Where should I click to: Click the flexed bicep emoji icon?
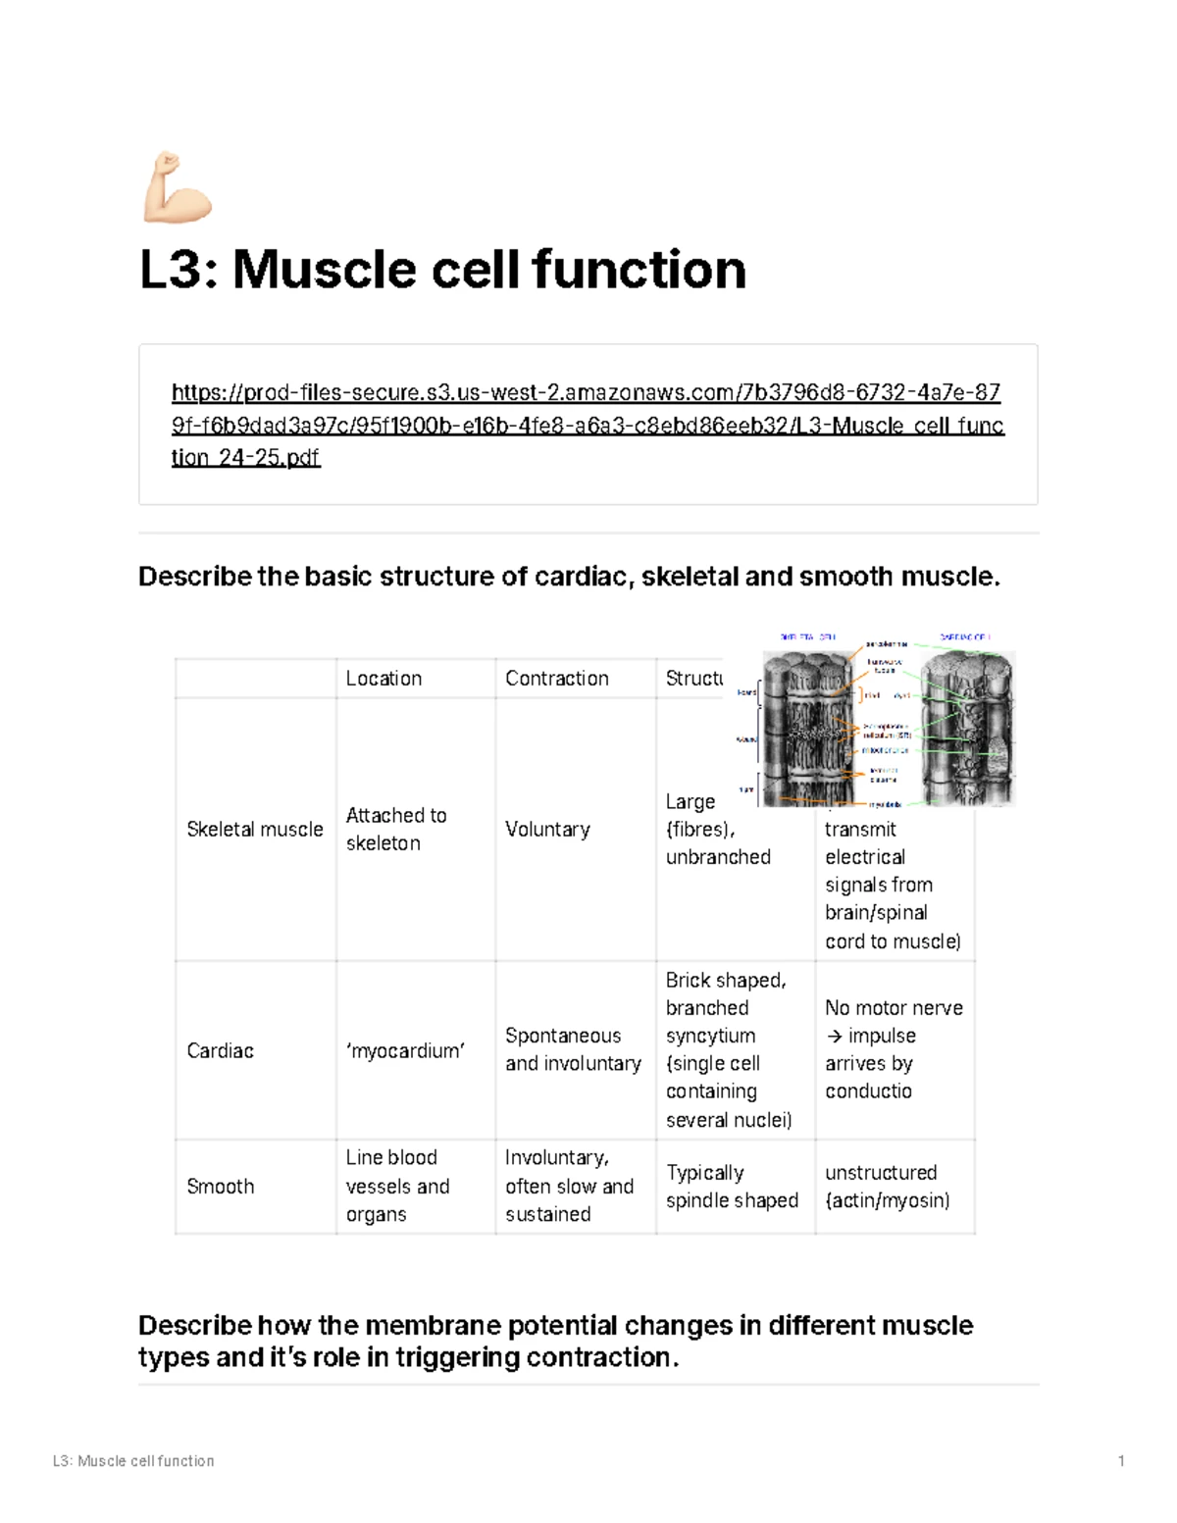178,187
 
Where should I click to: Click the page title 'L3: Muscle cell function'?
442,270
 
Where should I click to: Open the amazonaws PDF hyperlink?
587,425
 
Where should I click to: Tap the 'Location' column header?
384,679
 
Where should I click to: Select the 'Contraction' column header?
556,679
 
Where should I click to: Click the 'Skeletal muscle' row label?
254,830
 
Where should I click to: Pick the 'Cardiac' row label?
220,1051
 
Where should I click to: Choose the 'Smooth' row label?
220,1187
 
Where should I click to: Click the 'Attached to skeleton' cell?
395,829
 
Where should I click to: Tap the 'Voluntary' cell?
547,830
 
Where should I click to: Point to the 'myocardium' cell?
405,1051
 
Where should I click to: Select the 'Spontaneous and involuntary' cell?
573,1049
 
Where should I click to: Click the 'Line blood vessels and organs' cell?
397,1186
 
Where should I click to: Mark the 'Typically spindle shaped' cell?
732,1187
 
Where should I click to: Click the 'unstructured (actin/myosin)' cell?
887,1187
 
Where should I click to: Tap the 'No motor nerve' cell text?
894,1008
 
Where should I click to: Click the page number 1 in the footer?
1121,1461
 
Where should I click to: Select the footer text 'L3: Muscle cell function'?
133,1461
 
